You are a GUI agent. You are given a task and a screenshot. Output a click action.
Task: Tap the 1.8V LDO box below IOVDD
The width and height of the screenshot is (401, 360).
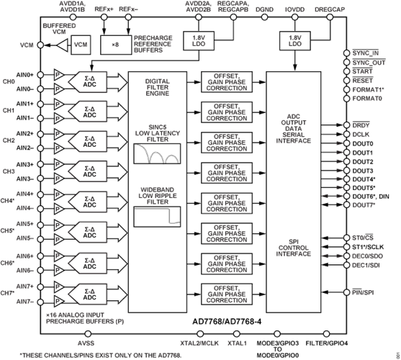294,40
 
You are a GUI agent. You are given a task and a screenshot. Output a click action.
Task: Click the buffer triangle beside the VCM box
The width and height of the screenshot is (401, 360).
66,45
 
